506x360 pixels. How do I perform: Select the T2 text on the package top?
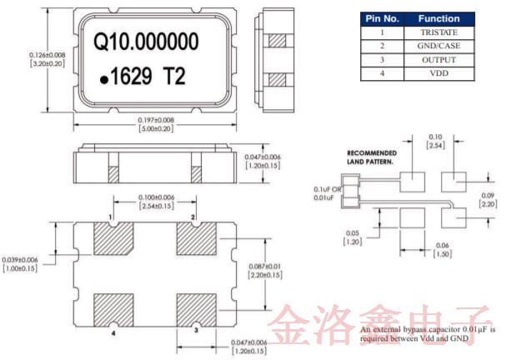pos(186,77)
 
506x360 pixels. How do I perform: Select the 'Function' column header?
pos(438,18)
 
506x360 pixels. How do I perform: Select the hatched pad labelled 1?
pos(110,240)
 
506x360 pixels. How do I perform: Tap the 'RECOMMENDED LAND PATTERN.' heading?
pos(372,157)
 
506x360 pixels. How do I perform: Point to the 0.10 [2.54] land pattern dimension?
pos(434,140)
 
